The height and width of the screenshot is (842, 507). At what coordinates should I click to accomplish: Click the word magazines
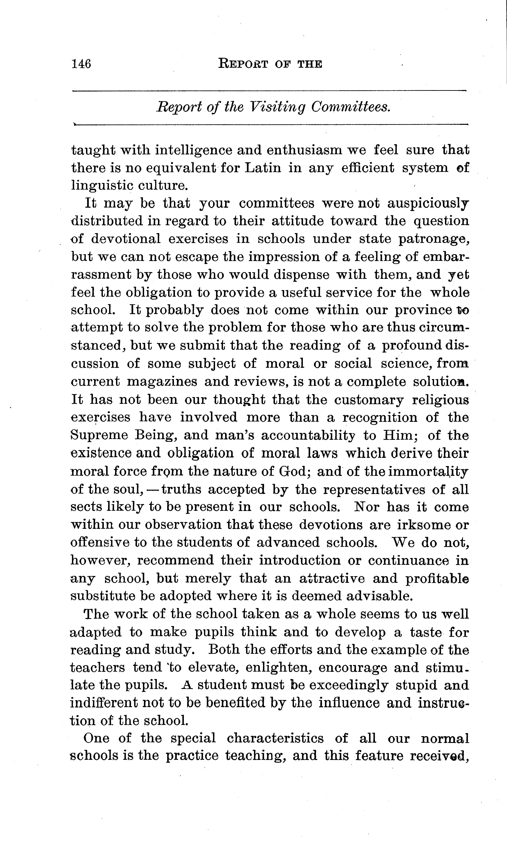(x=162, y=382)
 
